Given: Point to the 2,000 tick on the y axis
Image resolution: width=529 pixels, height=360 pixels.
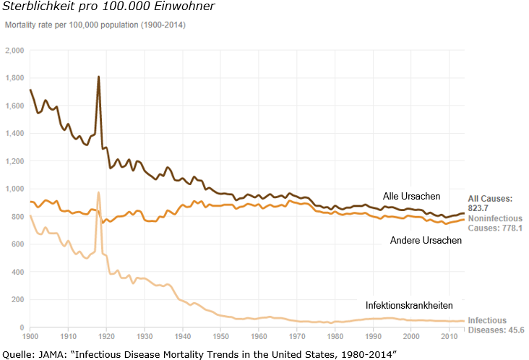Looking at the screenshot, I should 15,51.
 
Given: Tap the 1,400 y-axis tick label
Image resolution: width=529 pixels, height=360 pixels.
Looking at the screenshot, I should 15,134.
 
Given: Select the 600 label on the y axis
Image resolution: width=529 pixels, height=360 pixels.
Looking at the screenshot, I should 19,244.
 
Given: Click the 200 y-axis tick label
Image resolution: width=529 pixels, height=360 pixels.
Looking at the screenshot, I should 19,300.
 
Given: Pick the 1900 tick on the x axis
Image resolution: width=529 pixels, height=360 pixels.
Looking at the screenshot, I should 30,337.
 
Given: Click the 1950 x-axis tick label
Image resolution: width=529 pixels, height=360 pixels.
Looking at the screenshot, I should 220,337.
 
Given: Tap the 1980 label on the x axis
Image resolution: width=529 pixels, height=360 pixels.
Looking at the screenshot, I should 335,337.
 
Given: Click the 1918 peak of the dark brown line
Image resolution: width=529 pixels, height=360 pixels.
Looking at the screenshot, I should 98,77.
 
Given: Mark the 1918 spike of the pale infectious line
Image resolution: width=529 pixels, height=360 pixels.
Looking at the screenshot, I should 98,193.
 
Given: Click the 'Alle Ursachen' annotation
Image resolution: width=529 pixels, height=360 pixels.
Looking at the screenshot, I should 411,197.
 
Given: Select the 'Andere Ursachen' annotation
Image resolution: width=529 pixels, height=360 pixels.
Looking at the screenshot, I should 426,241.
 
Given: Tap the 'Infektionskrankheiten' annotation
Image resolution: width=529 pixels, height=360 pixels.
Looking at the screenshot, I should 409,305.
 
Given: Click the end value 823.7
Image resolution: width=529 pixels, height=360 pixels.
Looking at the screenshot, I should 478,207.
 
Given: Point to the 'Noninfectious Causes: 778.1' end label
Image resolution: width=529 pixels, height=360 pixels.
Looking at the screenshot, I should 494,223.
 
